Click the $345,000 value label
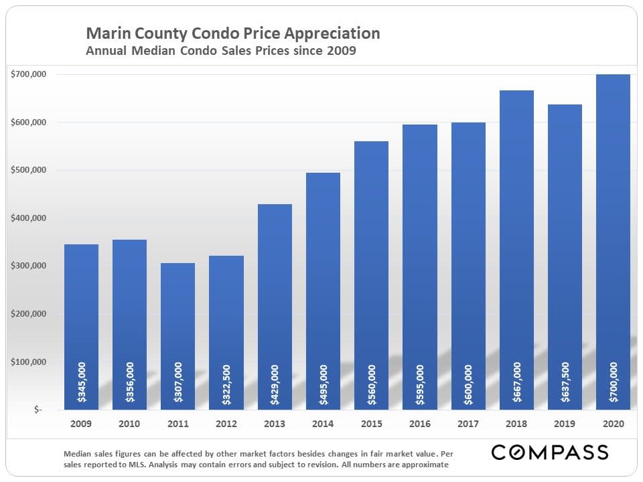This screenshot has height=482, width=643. tap(81, 382)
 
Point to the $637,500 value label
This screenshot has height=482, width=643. tap(565, 382)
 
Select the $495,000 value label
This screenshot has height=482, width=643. tap(323, 382)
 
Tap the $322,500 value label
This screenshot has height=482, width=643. tap(226, 382)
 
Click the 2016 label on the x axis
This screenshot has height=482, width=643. tap(420, 424)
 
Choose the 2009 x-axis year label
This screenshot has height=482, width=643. tap(81, 424)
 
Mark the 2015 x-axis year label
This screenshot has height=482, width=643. tap(371, 424)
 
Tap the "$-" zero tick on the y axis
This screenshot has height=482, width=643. tap(38, 410)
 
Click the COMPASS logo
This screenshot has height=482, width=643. tap(550, 452)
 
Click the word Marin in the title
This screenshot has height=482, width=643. tap(106, 33)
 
